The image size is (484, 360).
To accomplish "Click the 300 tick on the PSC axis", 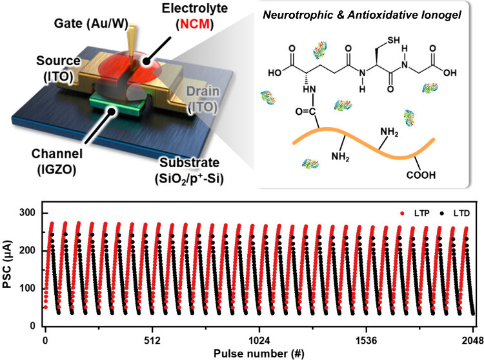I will click(x=28, y=213).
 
